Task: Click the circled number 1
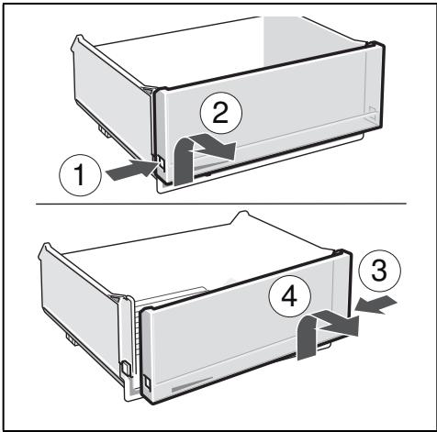coord(80,175)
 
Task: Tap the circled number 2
coord(220,114)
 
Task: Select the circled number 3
coord(379,271)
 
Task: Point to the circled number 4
coord(290,296)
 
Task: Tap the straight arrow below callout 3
coord(375,305)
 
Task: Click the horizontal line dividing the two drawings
coord(221,204)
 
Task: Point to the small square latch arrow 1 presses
coord(161,164)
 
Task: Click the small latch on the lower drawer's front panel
coord(148,382)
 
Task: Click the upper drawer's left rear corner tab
coord(78,41)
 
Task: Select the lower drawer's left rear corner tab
coord(45,249)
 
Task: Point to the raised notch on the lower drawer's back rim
coord(242,216)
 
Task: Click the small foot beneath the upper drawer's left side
coord(105,131)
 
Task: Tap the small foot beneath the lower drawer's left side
coord(71,339)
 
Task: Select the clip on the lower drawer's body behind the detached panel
coord(126,368)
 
